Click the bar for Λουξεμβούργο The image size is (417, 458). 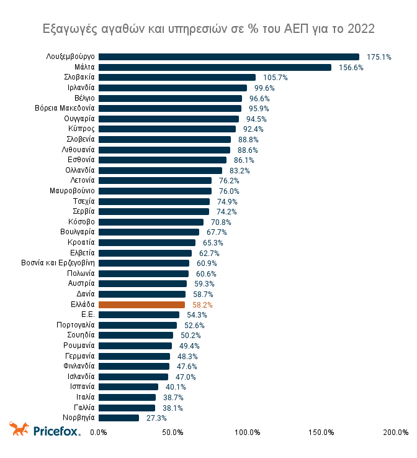tap(228, 57)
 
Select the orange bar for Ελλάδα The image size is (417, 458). tap(141, 305)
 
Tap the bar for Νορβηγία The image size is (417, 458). tap(119, 418)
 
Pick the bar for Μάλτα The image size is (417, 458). tap(215, 67)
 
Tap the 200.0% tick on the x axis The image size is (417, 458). tap(396, 433)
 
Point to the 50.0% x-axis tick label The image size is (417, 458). tap(173, 433)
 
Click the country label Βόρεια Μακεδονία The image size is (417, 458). tap(65, 108)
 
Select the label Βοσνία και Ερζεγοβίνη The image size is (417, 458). tap(58, 263)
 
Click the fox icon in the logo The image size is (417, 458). tap(19, 429)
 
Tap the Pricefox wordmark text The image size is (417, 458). tap(56, 431)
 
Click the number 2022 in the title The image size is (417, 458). tap(361, 29)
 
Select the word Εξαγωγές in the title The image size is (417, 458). tap(68, 29)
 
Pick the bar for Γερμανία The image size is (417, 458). tap(134, 356)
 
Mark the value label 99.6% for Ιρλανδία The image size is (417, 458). tap(264, 88)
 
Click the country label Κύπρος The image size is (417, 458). tap(81, 129)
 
